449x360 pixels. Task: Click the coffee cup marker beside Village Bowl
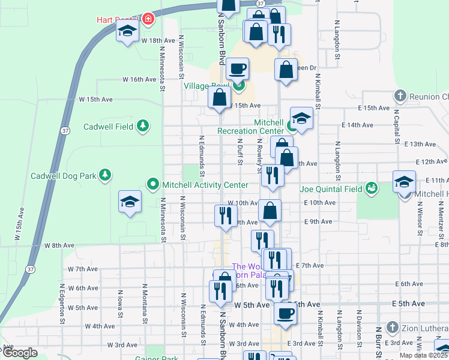tap(238, 68)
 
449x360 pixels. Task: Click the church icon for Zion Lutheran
tap(393, 328)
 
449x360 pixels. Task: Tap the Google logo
tap(19, 353)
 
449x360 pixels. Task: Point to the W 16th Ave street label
tap(139, 79)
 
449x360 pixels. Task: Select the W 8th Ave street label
tap(59, 245)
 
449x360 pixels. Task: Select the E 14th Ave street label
tap(357, 125)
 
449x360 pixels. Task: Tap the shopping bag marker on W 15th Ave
tap(219, 97)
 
